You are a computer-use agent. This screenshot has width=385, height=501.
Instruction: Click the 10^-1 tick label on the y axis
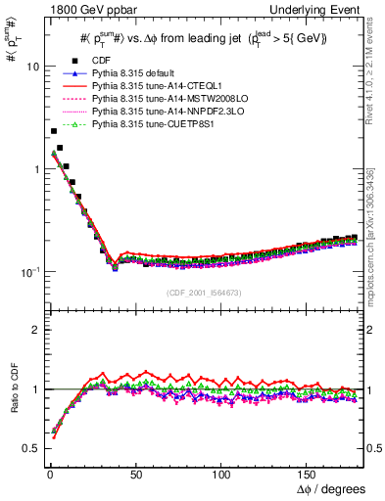point(28,271)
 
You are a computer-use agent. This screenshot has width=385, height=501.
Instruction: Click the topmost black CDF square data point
point(53,131)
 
